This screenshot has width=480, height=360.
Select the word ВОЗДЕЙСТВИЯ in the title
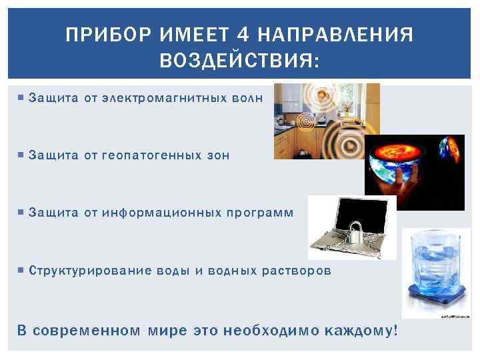tap(239, 61)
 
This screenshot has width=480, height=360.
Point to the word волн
tap(247, 98)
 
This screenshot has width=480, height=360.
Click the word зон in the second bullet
tap(217, 155)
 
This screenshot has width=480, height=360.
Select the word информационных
tap(162, 212)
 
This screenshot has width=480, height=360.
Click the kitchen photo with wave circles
tap(327, 120)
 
